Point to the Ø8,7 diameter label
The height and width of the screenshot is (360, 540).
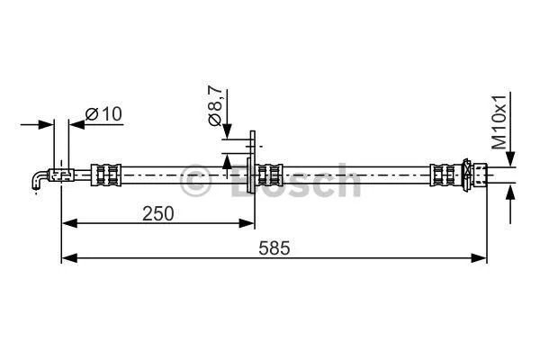(x=215, y=107)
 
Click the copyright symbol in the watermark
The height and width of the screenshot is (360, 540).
(x=197, y=183)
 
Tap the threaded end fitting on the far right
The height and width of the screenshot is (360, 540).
(x=477, y=172)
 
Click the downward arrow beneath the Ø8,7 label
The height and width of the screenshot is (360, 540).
(x=227, y=130)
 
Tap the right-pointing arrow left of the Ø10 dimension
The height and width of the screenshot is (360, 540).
(x=47, y=124)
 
